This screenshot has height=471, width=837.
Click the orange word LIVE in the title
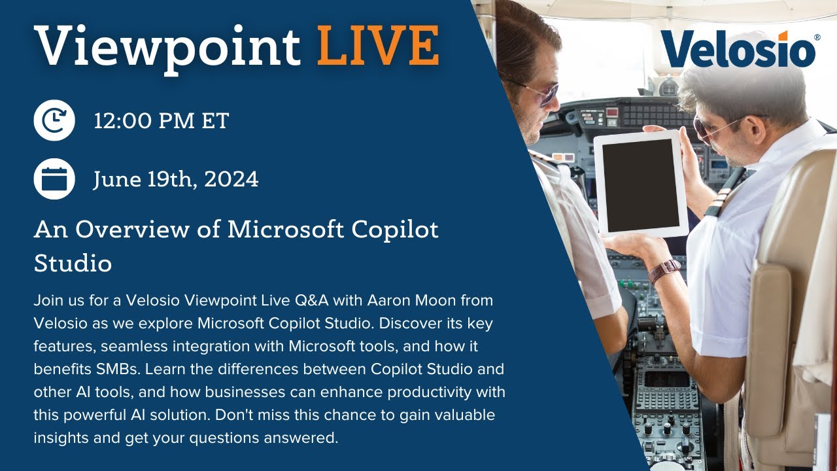(x=377, y=46)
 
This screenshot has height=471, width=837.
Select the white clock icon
(x=54, y=120)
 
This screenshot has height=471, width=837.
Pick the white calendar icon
(x=54, y=179)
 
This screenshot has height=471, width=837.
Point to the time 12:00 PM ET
(x=161, y=121)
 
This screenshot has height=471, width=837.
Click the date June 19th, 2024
(x=175, y=179)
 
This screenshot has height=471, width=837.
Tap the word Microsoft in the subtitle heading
(x=286, y=230)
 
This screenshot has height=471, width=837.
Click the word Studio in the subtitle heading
(x=73, y=264)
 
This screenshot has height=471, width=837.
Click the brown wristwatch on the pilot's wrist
(x=664, y=270)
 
